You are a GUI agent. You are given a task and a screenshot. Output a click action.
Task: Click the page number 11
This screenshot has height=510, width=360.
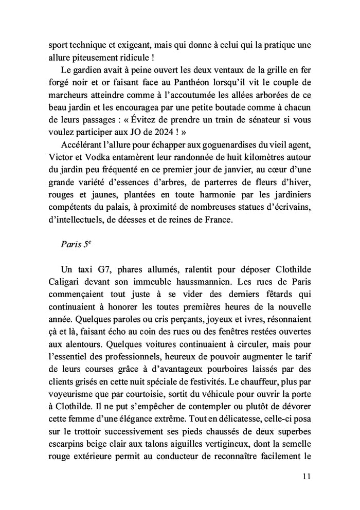pos(307,476)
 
